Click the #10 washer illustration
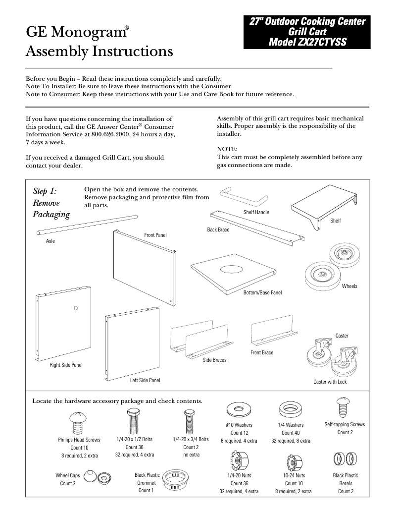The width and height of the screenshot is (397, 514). [236, 409]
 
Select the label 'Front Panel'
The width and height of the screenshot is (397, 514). [155, 234]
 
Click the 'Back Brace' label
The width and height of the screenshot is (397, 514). [218, 230]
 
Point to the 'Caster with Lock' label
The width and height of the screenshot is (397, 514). [330, 382]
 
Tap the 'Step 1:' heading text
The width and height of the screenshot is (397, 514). [45, 191]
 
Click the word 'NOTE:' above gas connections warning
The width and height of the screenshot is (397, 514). [227, 149]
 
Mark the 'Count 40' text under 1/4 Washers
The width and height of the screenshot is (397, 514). [291, 433]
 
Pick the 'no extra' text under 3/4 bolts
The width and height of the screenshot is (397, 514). [191, 455]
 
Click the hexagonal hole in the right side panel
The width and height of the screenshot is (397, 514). [76, 307]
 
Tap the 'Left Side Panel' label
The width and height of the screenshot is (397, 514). [145, 380]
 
